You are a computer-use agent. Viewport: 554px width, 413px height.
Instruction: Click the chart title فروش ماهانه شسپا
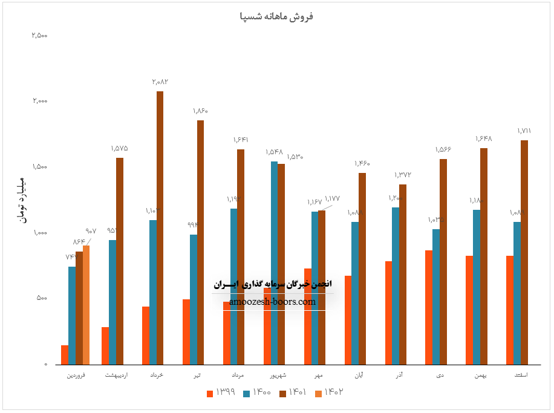click(277, 16)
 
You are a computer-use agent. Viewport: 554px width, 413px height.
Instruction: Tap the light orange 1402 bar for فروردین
click(86, 305)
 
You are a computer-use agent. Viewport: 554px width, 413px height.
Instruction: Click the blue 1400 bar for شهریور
click(274, 263)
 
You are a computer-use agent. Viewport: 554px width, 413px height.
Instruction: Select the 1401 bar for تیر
click(200, 242)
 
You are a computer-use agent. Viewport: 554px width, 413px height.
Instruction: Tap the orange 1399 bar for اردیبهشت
click(105, 346)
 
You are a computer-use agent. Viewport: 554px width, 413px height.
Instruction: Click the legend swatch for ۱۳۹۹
click(210, 393)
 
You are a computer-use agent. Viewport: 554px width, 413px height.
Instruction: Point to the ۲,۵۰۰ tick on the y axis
click(40, 35)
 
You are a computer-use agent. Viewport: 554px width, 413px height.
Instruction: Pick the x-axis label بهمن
click(480, 376)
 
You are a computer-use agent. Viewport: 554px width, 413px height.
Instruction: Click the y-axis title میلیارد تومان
click(19, 199)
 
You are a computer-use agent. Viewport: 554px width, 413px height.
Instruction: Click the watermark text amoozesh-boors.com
click(273, 301)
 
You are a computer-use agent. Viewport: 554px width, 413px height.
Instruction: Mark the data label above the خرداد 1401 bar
click(160, 81)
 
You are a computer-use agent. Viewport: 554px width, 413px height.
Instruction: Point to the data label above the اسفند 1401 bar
click(524, 131)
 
